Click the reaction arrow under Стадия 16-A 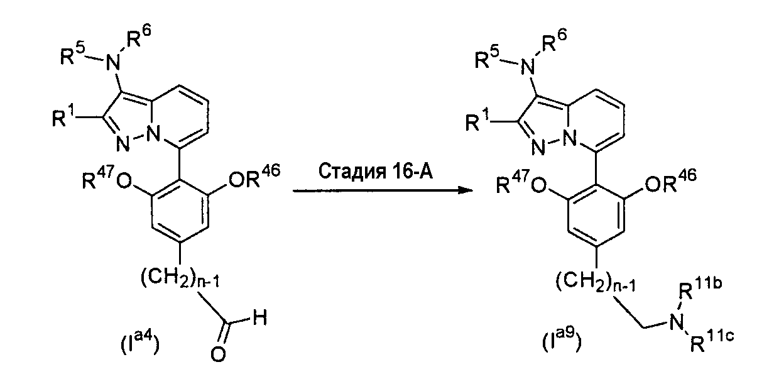point(383,190)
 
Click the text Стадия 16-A point(375,172)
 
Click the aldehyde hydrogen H point(260,317)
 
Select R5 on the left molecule point(72,56)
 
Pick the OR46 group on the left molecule point(254,177)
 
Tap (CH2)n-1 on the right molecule point(596,281)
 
